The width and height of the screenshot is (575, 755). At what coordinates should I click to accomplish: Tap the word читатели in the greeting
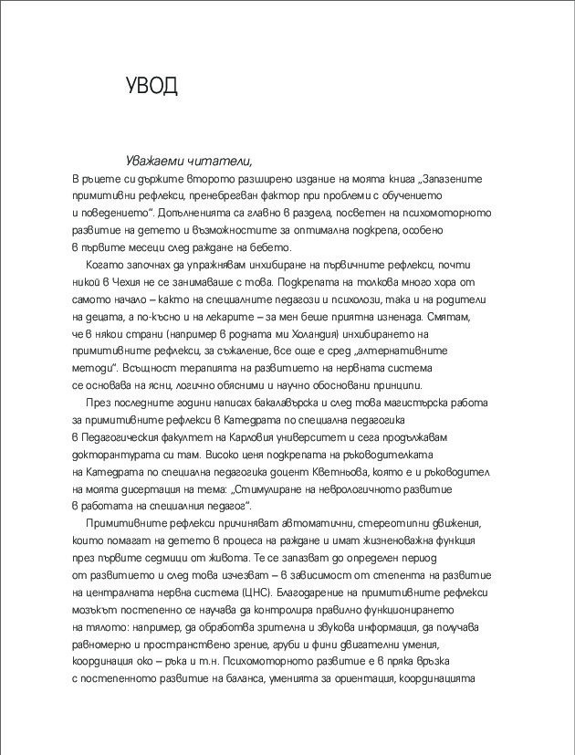(219, 162)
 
